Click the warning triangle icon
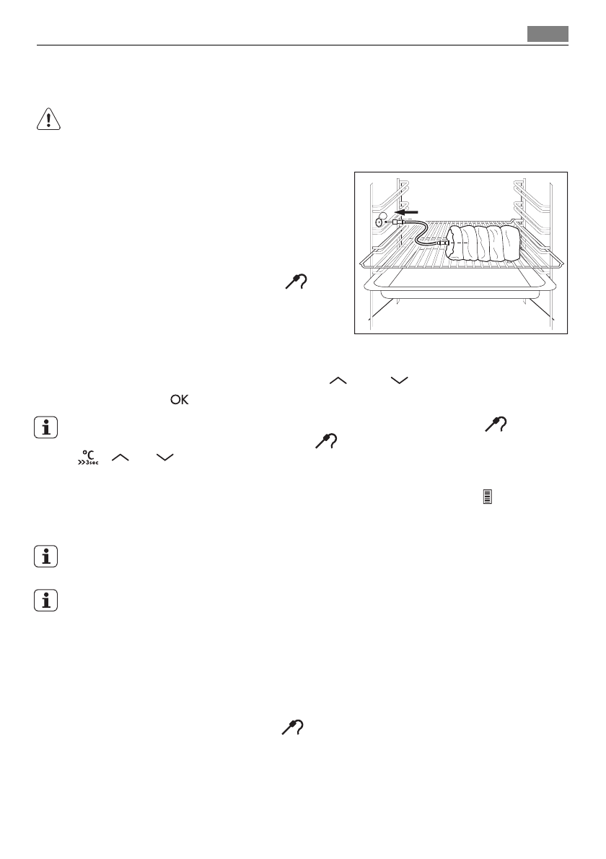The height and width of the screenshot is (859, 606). [48, 121]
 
